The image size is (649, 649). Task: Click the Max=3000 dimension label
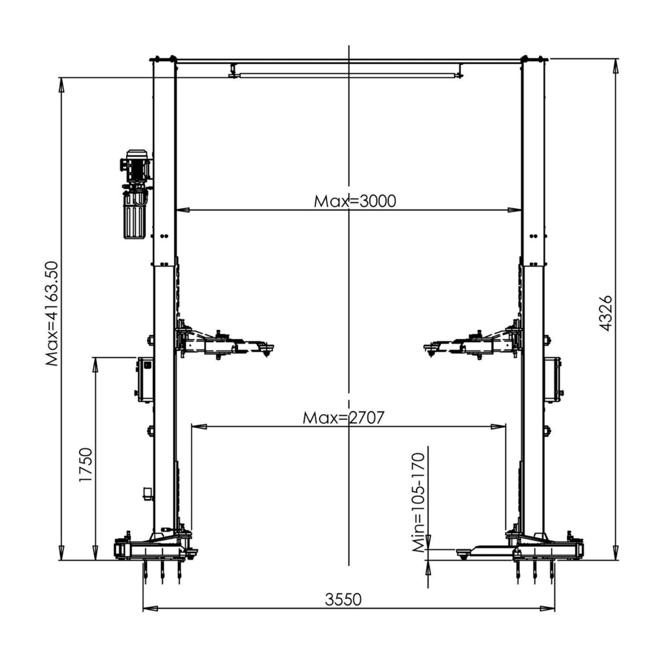coord(355,201)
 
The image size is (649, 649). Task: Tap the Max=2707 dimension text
coord(343,418)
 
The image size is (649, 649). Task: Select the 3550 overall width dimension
coord(343,599)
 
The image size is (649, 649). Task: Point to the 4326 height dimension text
coord(606,313)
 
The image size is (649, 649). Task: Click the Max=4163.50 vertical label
coord(52,314)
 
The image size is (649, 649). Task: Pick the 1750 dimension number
coord(86,465)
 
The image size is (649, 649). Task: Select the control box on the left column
coord(145,379)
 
